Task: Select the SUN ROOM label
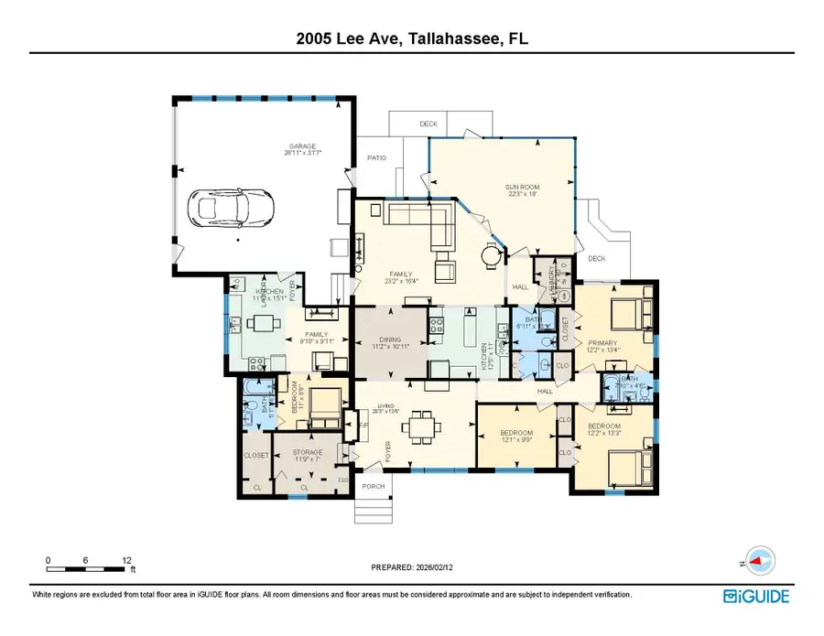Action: point(519,188)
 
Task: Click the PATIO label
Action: point(376,158)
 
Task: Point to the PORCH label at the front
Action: point(373,486)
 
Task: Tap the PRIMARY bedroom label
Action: point(604,342)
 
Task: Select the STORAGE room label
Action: point(307,453)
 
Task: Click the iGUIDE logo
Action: point(755,597)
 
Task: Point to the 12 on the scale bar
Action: point(127,559)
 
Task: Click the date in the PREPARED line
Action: point(434,567)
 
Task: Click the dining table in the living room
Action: point(422,425)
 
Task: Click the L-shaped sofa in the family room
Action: point(426,222)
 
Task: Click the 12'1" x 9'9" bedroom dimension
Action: point(516,438)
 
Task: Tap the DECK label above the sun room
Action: point(428,124)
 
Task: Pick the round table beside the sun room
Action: point(493,253)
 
